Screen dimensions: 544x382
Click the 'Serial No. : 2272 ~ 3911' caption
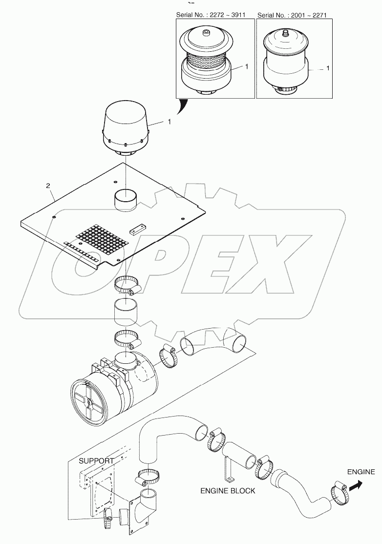[214, 15]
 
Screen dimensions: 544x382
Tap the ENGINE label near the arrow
[361, 472]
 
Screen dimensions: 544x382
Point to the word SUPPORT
[96, 460]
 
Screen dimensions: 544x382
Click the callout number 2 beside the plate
[47, 186]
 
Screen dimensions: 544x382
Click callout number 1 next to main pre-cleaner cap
[169, 122]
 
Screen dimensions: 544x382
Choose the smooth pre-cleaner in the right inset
[286, 59]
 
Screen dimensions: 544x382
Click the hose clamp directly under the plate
[127, 285]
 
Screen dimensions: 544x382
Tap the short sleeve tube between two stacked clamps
[127, 314]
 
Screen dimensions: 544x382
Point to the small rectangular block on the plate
[138, 229]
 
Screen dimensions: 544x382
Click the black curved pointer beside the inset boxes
[183, 106]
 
